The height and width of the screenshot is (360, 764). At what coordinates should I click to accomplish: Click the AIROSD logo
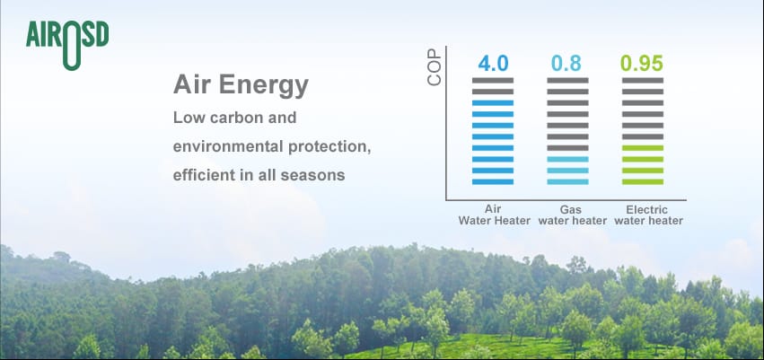tap(67, 44)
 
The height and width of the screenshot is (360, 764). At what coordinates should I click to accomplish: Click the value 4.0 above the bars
tap(493, 64)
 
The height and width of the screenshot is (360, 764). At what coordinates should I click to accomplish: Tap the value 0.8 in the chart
tap(566, 64)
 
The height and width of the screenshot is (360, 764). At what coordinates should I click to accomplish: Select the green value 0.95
tap(642, 64)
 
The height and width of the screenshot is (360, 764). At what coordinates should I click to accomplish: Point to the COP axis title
tap(434, 67)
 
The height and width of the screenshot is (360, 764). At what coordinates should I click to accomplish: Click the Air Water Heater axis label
tap(494, 215)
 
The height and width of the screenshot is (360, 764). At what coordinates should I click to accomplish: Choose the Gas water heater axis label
tap(573, 215)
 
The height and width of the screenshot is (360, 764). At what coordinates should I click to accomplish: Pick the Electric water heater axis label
tap(648, 215)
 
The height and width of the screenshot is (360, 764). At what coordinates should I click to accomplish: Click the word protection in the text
tap(329, 147)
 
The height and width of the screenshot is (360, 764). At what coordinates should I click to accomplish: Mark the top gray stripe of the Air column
tap(493, 80)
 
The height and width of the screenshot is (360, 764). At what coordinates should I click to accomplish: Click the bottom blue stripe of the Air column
tap(493, 181)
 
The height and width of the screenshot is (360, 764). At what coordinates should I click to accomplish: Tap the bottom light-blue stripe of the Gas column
tap(567, 181)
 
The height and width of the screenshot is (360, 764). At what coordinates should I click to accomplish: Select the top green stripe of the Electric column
tap(643, 147)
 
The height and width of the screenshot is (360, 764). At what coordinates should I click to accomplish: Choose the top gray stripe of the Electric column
tap(643, 80)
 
